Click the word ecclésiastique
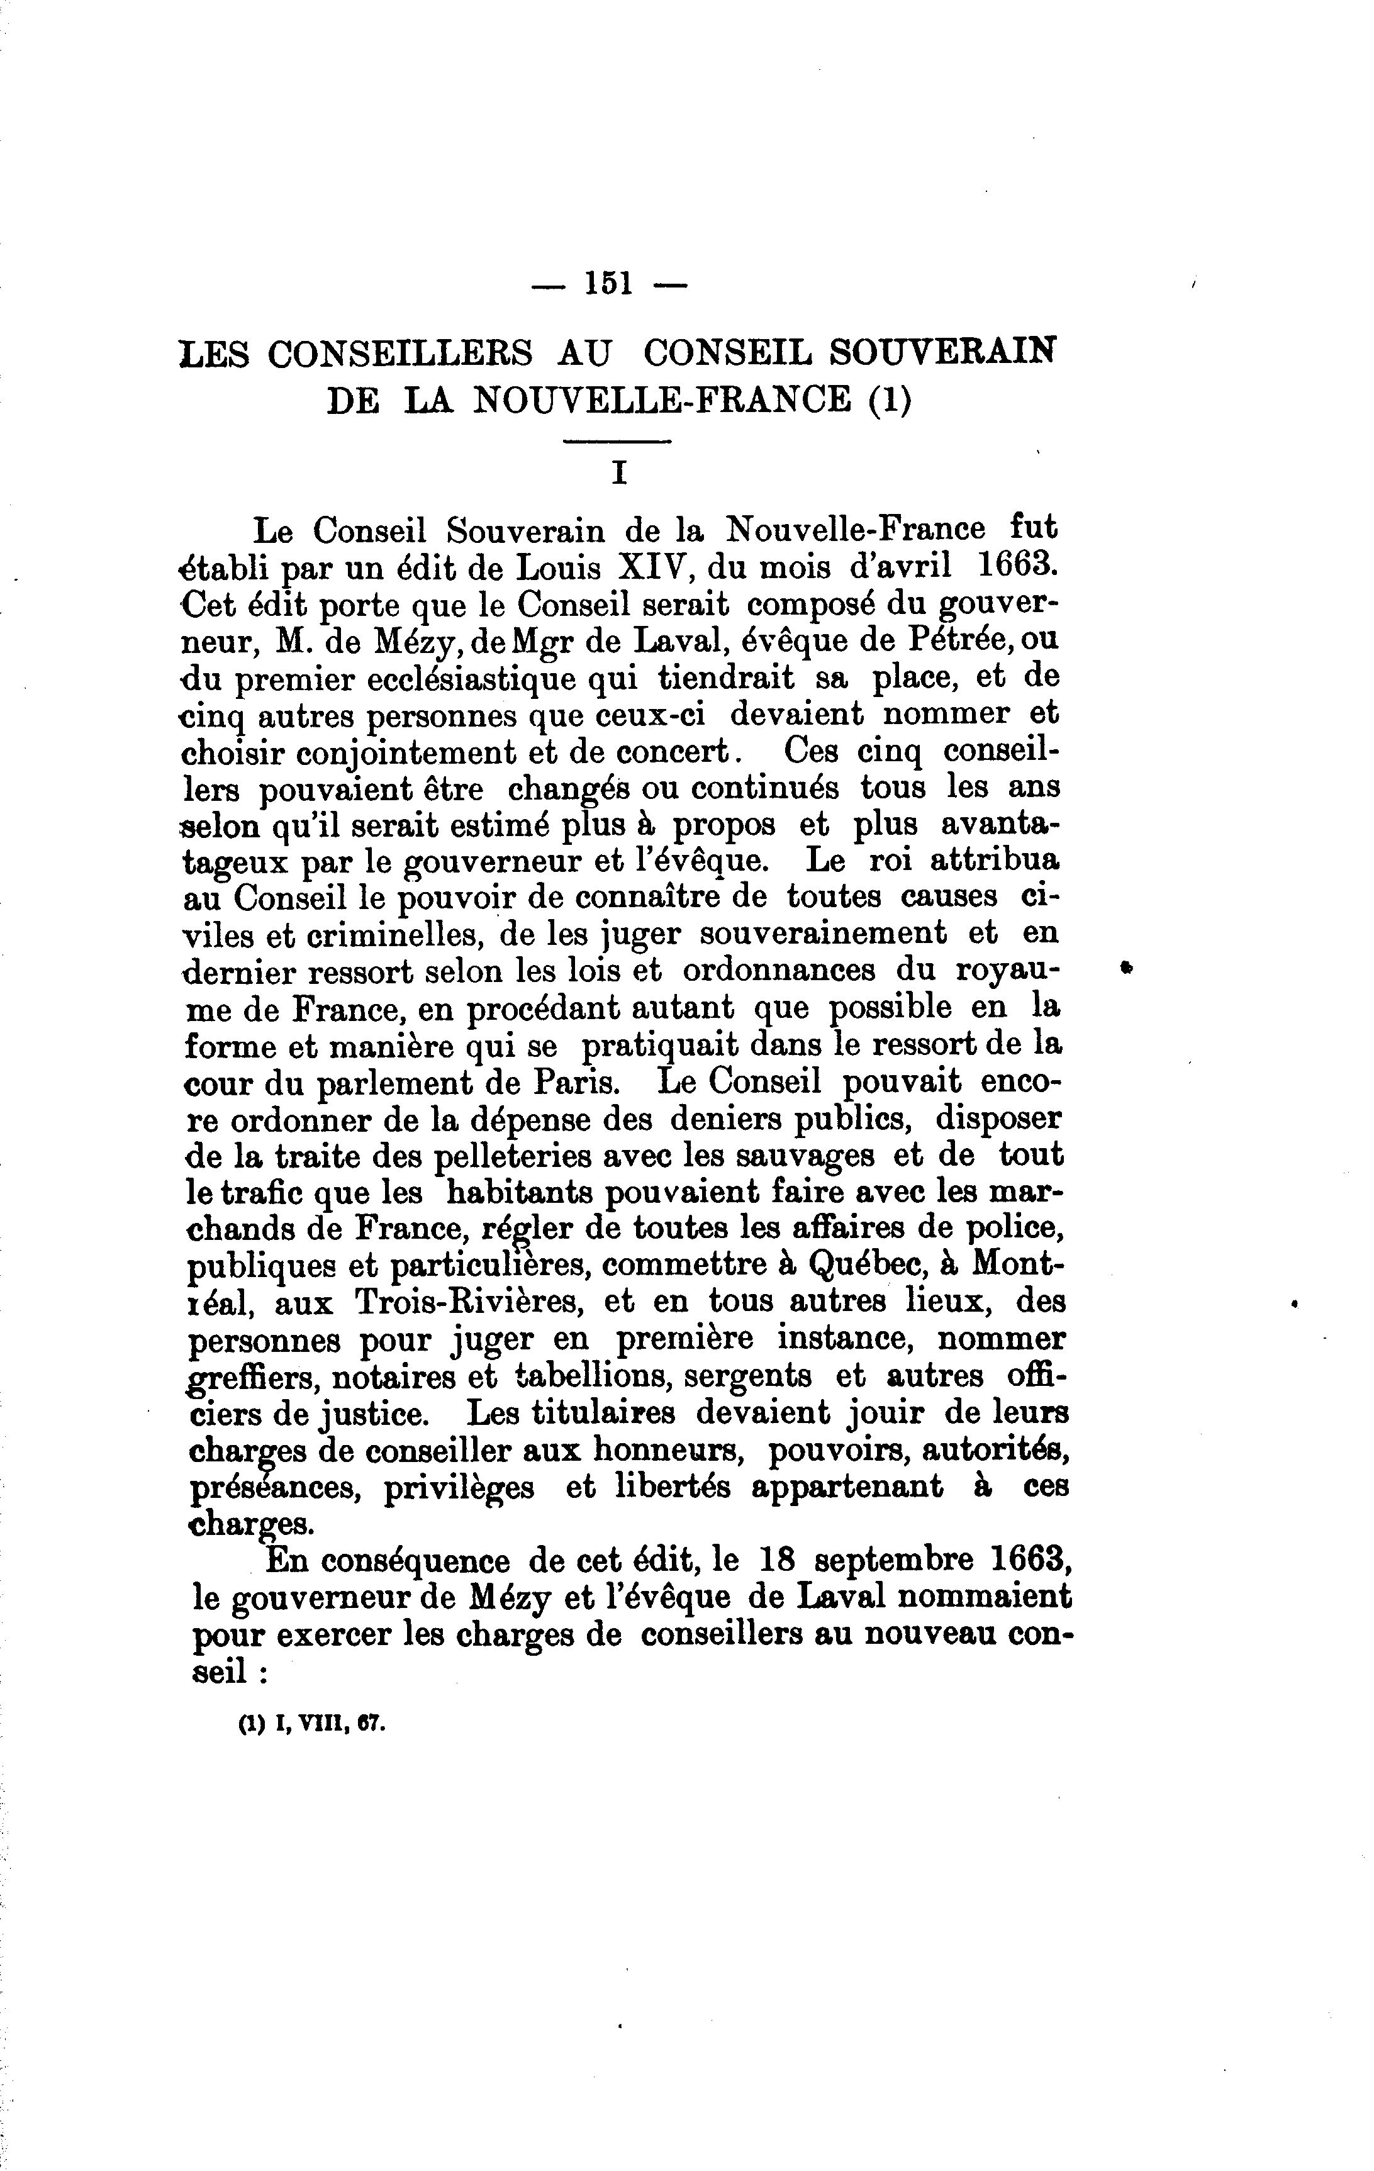pyautogui.click(x=440, y=678)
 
